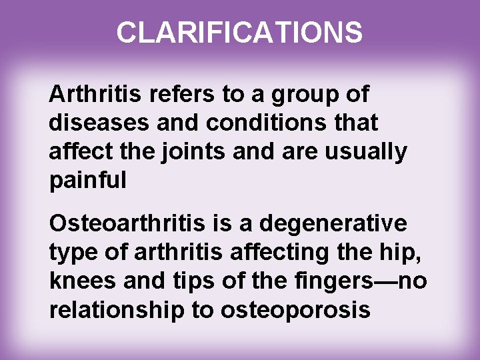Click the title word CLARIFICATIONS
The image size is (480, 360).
[x=240, y=32]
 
